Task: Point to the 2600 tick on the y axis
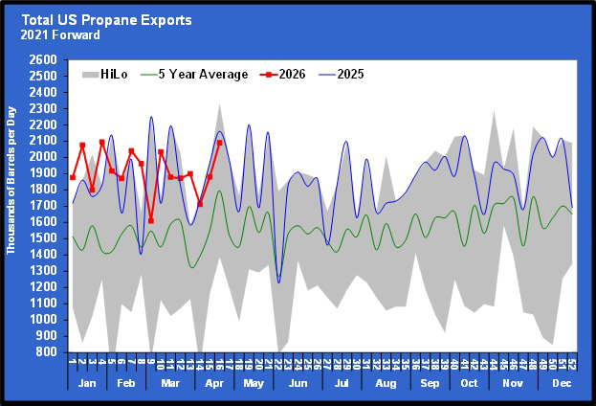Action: (x=43, y=59)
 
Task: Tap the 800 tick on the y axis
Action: (x=47, y=352)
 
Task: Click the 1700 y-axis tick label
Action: (x=43, y=206)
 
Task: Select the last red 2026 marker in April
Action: (x=219, y=142)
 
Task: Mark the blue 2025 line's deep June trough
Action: (x=279, y=282)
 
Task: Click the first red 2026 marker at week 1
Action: (x=73, y=177)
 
